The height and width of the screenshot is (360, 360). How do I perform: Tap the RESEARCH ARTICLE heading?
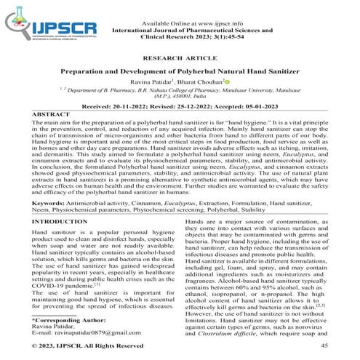(x=180, y=56)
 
